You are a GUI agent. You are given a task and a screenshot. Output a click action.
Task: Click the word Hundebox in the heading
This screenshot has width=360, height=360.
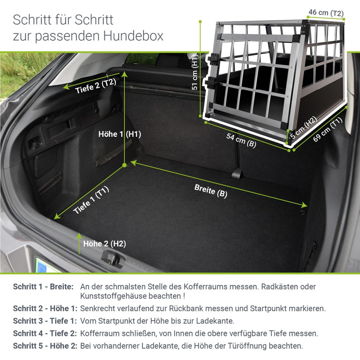coord(133,36)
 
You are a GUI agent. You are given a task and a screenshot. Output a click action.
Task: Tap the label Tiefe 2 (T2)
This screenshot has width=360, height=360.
coord(96,86)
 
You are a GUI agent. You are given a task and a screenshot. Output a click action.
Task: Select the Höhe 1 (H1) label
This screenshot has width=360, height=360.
coord(120,134)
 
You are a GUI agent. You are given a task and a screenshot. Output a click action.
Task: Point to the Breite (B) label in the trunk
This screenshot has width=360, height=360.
coord(211,191)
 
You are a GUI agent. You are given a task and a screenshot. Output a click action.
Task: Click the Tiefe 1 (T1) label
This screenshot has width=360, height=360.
coord(91,200)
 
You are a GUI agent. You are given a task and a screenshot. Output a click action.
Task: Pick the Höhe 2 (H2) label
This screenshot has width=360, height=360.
coord(105,244)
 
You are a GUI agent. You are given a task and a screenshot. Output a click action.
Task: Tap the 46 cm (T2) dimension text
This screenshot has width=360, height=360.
coord(326,13)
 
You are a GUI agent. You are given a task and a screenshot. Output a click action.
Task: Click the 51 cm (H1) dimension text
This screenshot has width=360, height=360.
coord(195,72)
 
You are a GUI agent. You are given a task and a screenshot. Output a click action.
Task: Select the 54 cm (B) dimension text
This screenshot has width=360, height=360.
coord(241,140)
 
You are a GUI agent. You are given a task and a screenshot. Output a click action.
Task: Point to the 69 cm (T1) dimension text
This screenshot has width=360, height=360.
coord(328,129)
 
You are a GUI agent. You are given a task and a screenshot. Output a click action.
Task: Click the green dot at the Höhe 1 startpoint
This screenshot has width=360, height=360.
coord(124,165)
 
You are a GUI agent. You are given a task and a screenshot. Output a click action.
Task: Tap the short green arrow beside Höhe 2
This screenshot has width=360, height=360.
coord(79,244)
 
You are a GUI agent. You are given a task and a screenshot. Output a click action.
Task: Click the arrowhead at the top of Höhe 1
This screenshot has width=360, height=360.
coord(124,74)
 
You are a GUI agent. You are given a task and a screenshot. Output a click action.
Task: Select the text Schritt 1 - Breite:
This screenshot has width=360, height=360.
coord(43,287)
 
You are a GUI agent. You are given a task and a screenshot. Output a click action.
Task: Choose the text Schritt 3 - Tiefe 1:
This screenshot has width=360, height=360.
coord(45,321)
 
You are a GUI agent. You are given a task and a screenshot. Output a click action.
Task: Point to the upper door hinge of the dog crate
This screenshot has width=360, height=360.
coord(213,59)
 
